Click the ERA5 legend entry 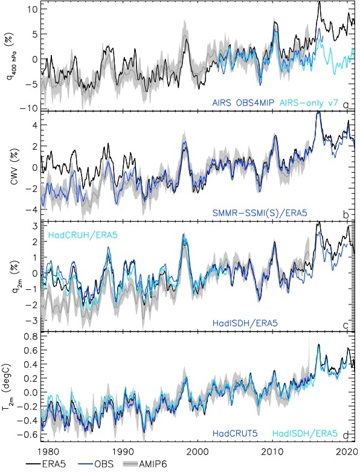pyautogui.click(x=46, y=464)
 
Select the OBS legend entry pyautogui.click(x=95, y=464)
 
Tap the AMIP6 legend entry pyautogui.click(x=144, y=464)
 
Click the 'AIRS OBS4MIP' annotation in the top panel pyautogui.click(x=243, y=103)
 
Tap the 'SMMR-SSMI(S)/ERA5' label pyautogui.click(x=260, y=213)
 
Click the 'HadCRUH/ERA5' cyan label pyautogui.click(x=82, y=234)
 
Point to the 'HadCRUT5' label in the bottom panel pyautogui.click(x=235, y=434)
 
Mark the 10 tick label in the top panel pyautogui.click(x=32, y=9)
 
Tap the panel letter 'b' pyautogui.click(x=346, y=215)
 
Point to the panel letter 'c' pyautogui.click(x=346, y=325)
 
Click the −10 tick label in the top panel pyautogui.click(x=29, y=108)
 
